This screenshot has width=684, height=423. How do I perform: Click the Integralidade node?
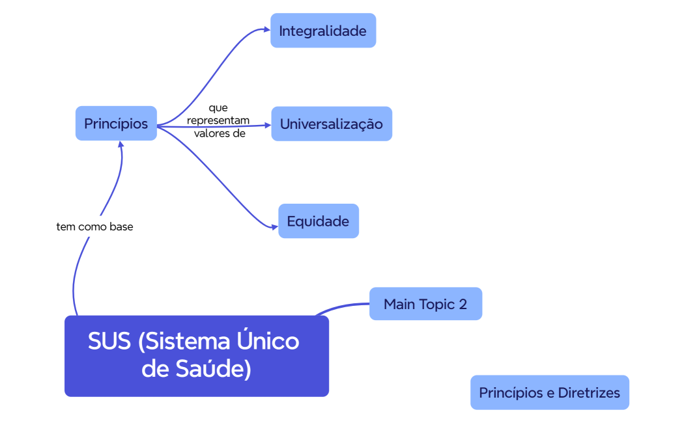pos(323,31)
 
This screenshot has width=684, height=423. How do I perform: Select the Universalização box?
pos(332,124)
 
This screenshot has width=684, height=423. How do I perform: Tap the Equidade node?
pos(319,221)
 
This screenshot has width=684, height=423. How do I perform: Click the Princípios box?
pos(116,124)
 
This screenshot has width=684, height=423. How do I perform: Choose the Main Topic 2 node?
pos(425,304)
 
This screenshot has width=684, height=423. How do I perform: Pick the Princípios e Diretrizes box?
pos(550,392)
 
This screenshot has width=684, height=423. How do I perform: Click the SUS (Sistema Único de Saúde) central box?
pos(196,356)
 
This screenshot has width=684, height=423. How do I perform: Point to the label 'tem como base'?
pos(95,227)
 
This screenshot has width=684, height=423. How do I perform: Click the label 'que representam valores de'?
pos(219,121)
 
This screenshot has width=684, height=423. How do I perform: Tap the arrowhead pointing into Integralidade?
pos(266,29)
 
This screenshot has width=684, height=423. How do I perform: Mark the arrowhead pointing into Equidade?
pos(274,226)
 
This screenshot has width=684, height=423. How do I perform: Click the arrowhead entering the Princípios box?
pos(121,144)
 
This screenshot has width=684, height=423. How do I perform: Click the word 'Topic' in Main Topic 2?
pos(438,304)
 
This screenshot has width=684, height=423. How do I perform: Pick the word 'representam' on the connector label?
pos(219,121)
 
